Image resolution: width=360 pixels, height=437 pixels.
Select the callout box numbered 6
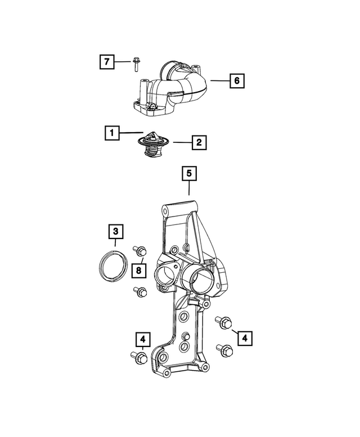coord(237,81)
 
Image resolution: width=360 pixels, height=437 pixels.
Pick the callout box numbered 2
coord(198,143)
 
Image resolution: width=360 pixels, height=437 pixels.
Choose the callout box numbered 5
coord(190,174)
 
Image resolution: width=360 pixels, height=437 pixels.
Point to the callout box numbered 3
coord(115,231)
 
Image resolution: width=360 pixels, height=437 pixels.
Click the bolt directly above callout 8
coord(139,251)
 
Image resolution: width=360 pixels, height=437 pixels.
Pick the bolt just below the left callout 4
coord(138,356)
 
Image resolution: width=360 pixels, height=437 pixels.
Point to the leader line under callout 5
coord(190,188)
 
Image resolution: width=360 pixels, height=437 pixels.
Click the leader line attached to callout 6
coord(219,81)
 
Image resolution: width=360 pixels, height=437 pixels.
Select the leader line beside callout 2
coord(182,143)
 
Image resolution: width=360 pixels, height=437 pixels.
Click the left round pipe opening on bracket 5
coord(167,277)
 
